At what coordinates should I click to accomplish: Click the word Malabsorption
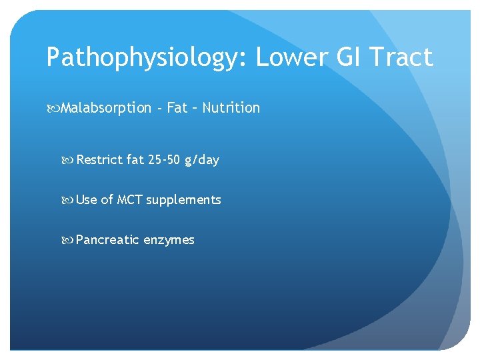106,108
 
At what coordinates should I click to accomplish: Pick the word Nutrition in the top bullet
231,107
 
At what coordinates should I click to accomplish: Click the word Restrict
100,160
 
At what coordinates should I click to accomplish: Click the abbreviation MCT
130,199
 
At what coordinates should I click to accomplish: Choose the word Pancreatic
105,240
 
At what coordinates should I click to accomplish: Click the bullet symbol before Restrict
69,160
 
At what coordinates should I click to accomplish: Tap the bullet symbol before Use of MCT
69,199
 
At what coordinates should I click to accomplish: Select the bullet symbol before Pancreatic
69,240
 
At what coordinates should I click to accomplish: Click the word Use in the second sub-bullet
87,199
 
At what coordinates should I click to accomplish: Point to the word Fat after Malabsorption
177,107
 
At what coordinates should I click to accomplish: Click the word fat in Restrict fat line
135,160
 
